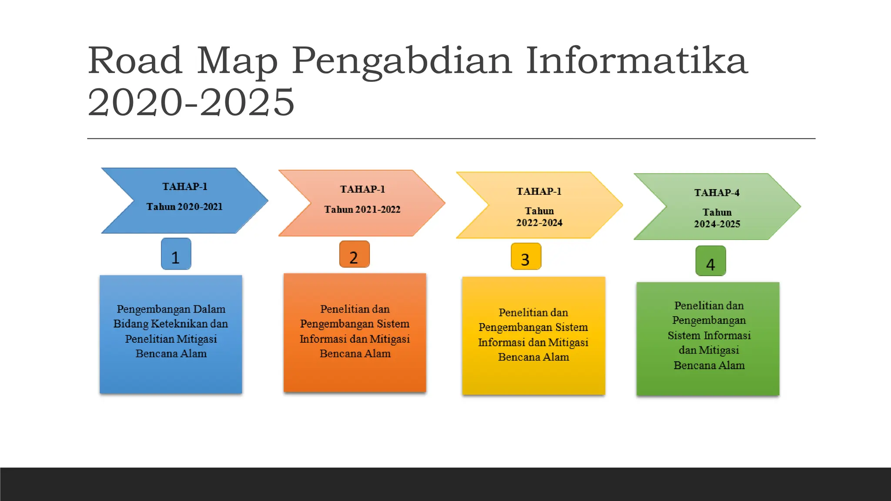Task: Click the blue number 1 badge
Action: (176, 254)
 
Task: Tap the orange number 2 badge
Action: (354, 254)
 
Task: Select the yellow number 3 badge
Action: (526, 257)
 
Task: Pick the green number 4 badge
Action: (710, 261)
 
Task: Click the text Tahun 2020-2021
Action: (184, 207)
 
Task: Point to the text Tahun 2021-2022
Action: (362, 210)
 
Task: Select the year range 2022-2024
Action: (539, 223)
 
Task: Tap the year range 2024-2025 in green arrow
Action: (717, 224)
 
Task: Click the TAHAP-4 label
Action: (717, 193)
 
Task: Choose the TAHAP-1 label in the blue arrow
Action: (184, 187)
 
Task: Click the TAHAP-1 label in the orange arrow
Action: (362, 189)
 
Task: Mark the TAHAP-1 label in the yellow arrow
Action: (539, 191)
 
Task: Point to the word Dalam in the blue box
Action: (209, 309)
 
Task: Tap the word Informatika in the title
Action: (636, 61)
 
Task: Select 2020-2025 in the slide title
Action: (191, 102)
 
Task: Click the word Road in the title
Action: (135, 61)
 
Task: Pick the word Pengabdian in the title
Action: (402, 61)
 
